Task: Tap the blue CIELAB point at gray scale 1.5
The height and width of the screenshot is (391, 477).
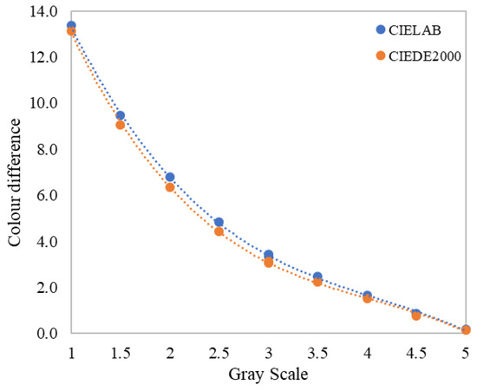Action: pyautogui.click(x=121, y=115)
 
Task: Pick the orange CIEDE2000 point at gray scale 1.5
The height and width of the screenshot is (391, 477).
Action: pyautogui.click(x=121, y=125)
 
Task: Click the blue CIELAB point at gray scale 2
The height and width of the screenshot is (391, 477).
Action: pyautogui.click(x=170, y=177)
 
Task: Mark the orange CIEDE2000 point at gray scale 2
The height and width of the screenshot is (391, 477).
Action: pyautogui.click(x=170, y=187)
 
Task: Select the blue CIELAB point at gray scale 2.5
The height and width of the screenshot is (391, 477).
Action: pyautogui.click(x=219, y=222)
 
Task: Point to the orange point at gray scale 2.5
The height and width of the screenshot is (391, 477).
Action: pyautogui.click(x=219, y=231)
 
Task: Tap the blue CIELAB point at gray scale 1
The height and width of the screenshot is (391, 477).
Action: pyautogui.click(x=71, y=26)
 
